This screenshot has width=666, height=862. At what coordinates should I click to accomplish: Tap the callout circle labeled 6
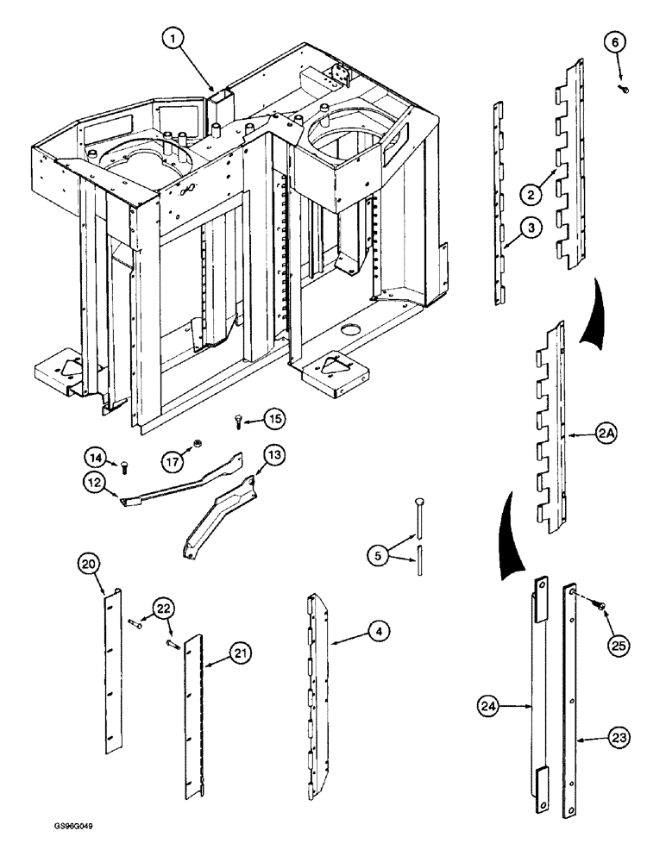point(619,43)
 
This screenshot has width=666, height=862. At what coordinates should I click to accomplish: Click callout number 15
point(273,420)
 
